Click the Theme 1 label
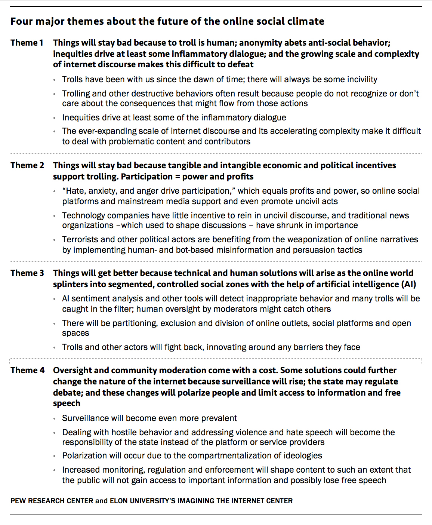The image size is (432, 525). tap(27, 43)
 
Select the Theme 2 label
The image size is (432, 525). tap(27, 165)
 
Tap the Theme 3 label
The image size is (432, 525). tap(27, 273)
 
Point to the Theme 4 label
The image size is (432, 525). tap(27, 370)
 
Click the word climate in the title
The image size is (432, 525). tap(305, 21)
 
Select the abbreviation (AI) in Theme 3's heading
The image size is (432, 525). tap(408, 284)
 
